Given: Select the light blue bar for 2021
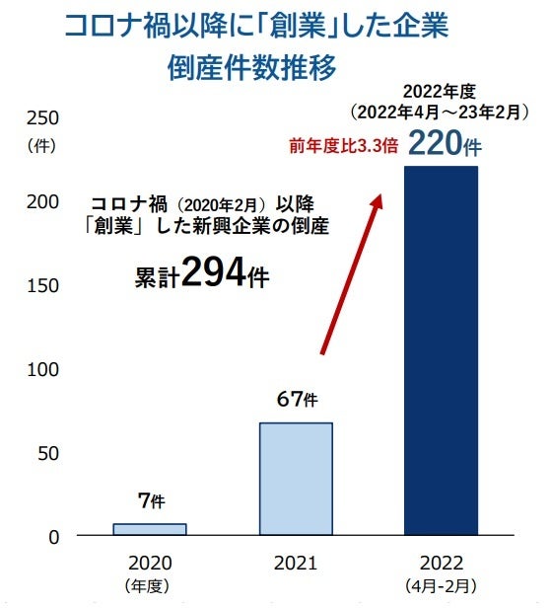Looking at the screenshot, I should click(296, 480).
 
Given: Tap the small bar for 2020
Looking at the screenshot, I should click(150, 529).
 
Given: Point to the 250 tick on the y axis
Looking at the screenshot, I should click(47, 118).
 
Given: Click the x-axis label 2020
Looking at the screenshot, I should click(150, 563).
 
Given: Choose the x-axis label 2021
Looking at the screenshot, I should click(296, 563).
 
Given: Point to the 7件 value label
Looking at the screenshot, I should click(150, 501).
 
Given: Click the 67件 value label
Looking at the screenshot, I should click(296, 400).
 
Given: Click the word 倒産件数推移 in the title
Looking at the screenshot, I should click(253, 70).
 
